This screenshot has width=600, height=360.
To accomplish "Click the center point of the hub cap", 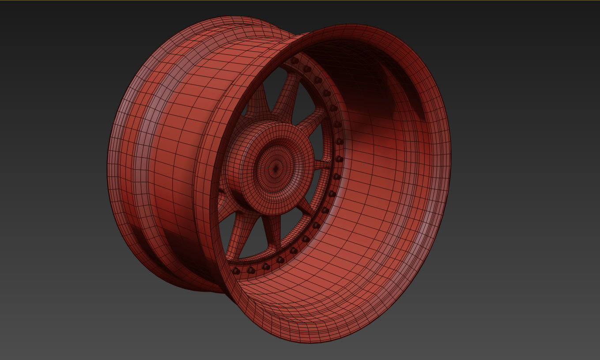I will coord(276,167).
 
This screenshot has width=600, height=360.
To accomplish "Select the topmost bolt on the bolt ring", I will coord(294,61).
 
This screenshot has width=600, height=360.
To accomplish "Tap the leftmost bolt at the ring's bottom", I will coord(236,270).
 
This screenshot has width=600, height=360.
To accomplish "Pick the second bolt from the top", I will coord(307,69).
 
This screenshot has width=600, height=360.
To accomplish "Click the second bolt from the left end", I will coord(251,270).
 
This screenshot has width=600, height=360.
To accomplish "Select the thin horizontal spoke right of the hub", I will coord(323,165).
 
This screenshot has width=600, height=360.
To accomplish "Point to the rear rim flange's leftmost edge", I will coord(109,163).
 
